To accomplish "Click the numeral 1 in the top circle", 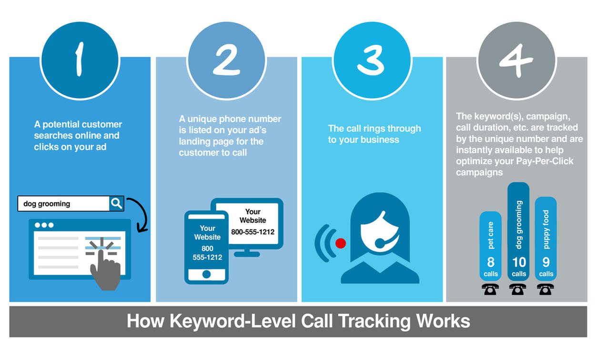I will pyautogui.click(x=79, y=60).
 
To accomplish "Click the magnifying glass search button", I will pyautogui.click(x=116, y=203).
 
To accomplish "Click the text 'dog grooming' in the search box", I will pyautogui.click(x=47, y=204).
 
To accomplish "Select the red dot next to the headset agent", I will pyautogui.click(x=340, y=243).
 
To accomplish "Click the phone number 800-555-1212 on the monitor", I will pyautogui.click(x=253, y=232).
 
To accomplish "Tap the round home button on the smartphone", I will pyautogui.click(x=206, y=274).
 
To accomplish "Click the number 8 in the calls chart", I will pyautogui.click(x=491, y=262).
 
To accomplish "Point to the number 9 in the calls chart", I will pyautogui.click(x=546, y=262).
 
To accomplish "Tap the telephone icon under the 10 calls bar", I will pyautogui.click(x=518, y=289).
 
